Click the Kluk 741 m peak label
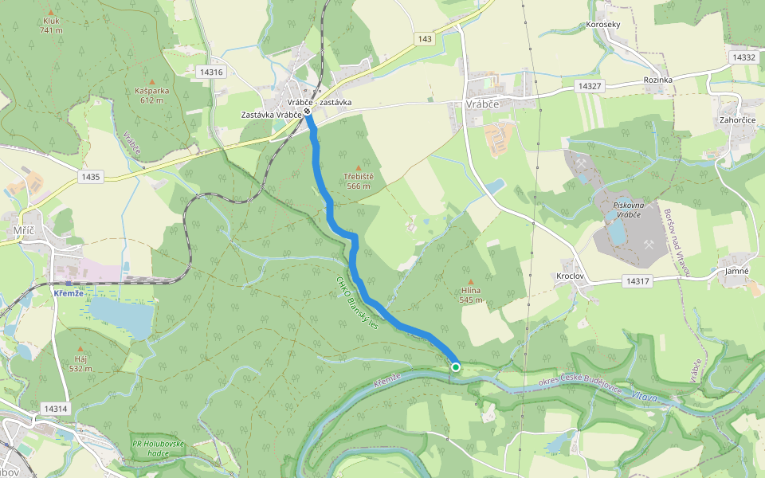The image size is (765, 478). tap(51, 25)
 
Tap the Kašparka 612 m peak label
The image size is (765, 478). tap(152, 95)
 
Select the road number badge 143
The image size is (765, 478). tap(424, 38)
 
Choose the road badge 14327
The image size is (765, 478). tap(589, 85)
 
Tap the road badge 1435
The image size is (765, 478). tap(91, 177)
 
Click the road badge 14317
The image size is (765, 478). tap(638, 281)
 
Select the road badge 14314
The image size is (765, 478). tap(56, 409)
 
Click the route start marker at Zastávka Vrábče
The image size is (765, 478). tap(308, 112)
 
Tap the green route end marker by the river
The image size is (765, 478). tap(456, 367)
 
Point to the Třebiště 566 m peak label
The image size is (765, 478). tap(359, 181)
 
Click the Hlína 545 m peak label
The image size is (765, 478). tap(470, 296)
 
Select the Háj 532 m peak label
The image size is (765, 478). tap(80, 364)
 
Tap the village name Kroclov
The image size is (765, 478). tap(571, 276)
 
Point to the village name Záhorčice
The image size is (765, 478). tap(736, 119)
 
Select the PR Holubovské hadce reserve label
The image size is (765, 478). tap(158, 449)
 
